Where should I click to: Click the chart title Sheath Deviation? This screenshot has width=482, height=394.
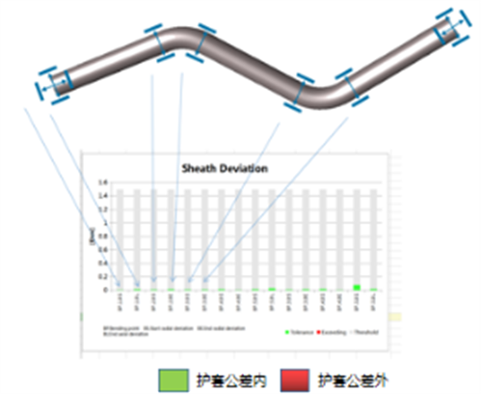(225, 167)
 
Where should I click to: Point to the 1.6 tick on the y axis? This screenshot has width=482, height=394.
(106, 182)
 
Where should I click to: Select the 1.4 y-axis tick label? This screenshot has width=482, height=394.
(106, 195)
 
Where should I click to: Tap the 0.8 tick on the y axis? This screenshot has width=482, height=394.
(106, 236)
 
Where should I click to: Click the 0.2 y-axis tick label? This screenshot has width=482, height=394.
(106, 276)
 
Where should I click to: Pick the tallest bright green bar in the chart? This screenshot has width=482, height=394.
(357, 287)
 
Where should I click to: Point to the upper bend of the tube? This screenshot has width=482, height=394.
(178, 39)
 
